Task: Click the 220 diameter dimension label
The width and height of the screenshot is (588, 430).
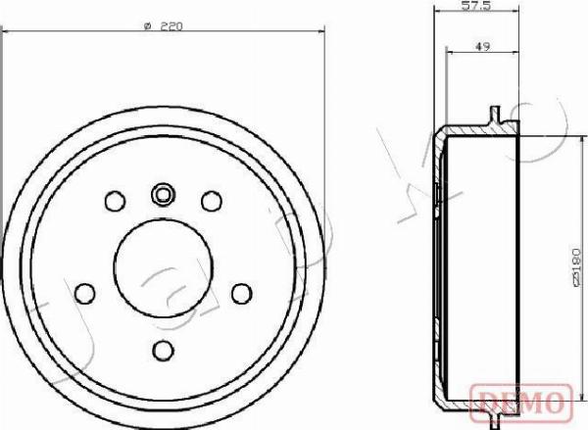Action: [x=163, y=26]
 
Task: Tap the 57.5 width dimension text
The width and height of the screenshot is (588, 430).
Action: [x=476, y=6]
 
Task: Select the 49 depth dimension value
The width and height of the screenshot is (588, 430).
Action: [x=482, y=47]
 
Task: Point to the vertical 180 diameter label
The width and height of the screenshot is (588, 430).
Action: [x=578, y=267]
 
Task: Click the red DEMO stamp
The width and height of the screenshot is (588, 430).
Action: [x=521, y=403]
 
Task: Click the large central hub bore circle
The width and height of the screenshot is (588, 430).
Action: [x=163, y=268]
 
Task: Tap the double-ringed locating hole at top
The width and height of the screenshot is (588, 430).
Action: [x=164, y=195]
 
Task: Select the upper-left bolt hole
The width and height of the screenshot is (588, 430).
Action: [x=115, y=201]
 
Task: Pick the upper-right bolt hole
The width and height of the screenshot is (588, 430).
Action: [x=212, y=201]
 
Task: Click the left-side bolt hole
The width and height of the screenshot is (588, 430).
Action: [x=84, y=294]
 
